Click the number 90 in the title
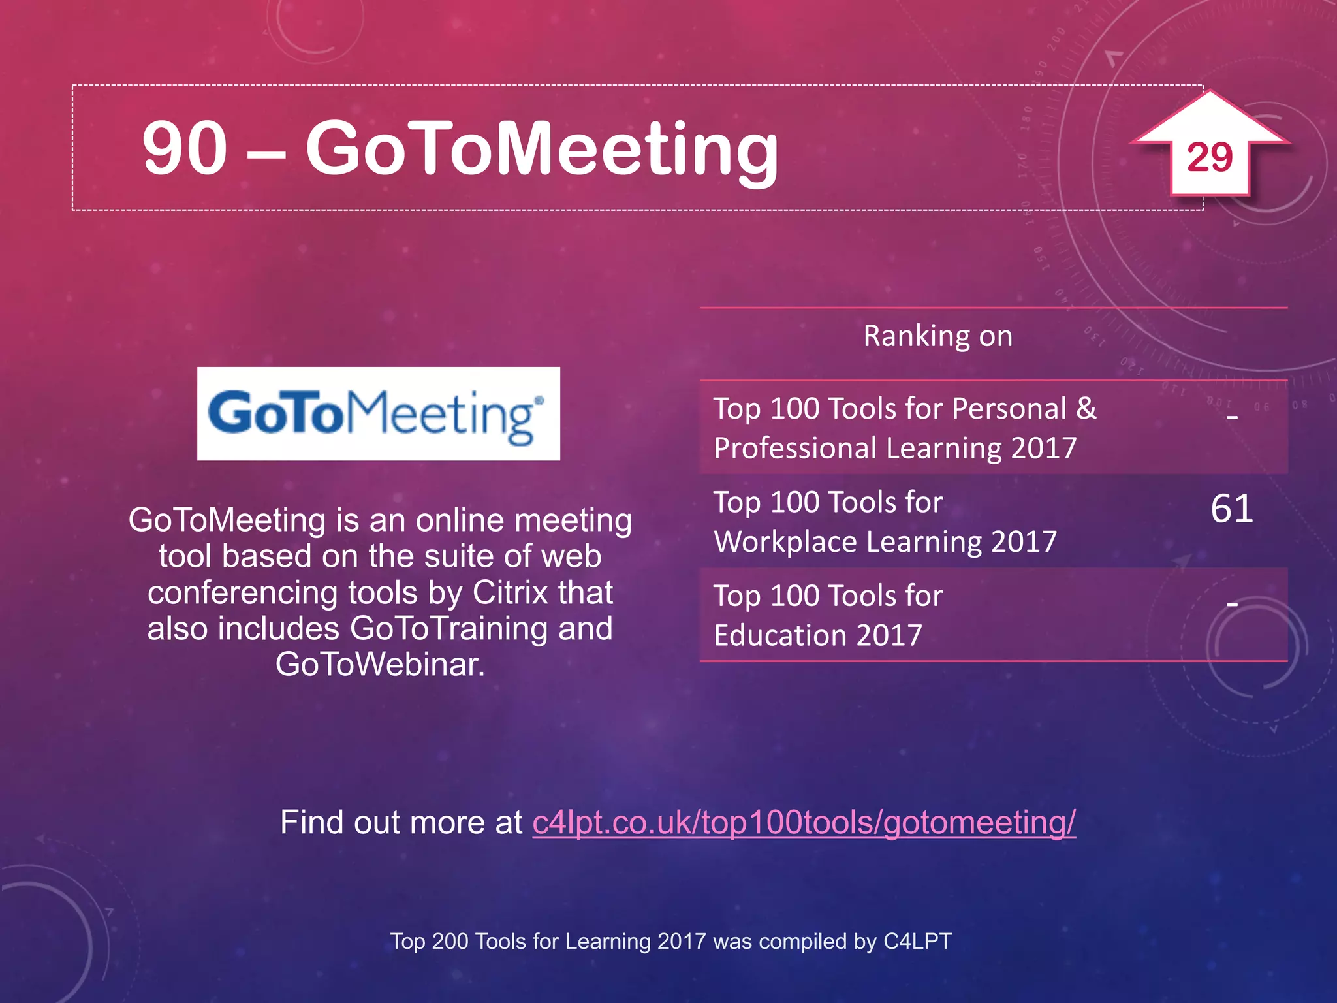185,148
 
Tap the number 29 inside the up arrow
1210,157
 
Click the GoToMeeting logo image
378,413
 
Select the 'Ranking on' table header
937,336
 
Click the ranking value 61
1231,509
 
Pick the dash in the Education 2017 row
1232,604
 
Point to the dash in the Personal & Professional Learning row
1232,416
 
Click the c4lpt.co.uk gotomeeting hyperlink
804,822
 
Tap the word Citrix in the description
510,592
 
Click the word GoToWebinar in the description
380,665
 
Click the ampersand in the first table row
1086,409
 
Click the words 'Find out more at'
401,822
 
